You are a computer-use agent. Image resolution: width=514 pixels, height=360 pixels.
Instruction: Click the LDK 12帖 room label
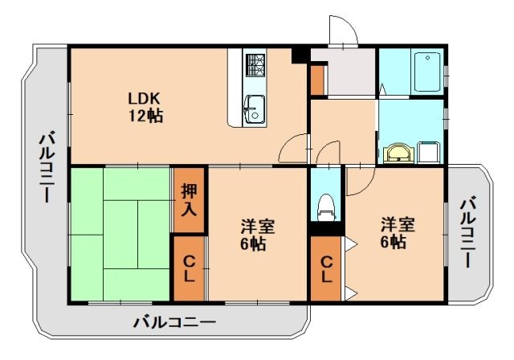click(x=145, y=107)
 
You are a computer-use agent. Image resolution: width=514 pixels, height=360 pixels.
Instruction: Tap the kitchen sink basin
click(x=255, y=107)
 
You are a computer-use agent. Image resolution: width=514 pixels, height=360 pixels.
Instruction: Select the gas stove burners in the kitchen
click(x=255, y=64)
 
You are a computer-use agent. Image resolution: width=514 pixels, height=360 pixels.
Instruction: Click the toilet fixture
click(x=325, y=207)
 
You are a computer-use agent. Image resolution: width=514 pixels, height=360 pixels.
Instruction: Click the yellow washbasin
click(x=397, y=152)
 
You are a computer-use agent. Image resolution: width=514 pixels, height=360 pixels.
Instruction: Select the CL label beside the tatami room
click(x=189, y=268)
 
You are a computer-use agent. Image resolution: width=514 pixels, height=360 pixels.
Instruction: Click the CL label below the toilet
click(x=326, y=268)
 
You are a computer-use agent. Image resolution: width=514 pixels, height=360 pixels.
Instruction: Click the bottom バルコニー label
click(x=174, y=323)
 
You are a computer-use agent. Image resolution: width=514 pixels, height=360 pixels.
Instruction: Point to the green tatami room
click(x=120, y=233)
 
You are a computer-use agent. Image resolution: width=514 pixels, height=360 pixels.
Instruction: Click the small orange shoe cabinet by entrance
click(x=317, y=80)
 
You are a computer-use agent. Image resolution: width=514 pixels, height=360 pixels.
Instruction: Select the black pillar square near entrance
click(x=300, y=55)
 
